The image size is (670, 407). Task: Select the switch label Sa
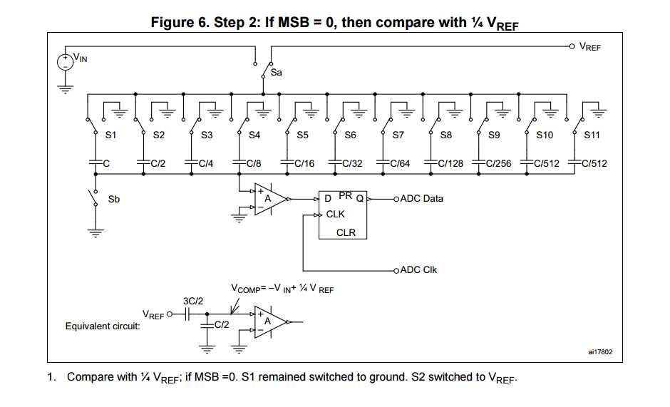click(x=277, y=72)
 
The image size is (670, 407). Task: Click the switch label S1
click(x=111, y=135)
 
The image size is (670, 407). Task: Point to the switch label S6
click(x=350, y=135)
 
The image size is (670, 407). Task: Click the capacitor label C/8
click(x=254, y=163)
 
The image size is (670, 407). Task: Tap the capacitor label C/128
click(x=450, y=163)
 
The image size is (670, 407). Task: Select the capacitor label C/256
click(x=499, y=163)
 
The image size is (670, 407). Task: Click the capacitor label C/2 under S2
click(x=158, y=163)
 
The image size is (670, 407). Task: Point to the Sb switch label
click(x=114, y=200)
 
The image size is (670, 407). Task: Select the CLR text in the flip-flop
click(x=346, y=232)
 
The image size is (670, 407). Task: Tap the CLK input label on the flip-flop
click(x=335, y=214)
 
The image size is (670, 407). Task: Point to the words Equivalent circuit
click(x=102, y=326)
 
